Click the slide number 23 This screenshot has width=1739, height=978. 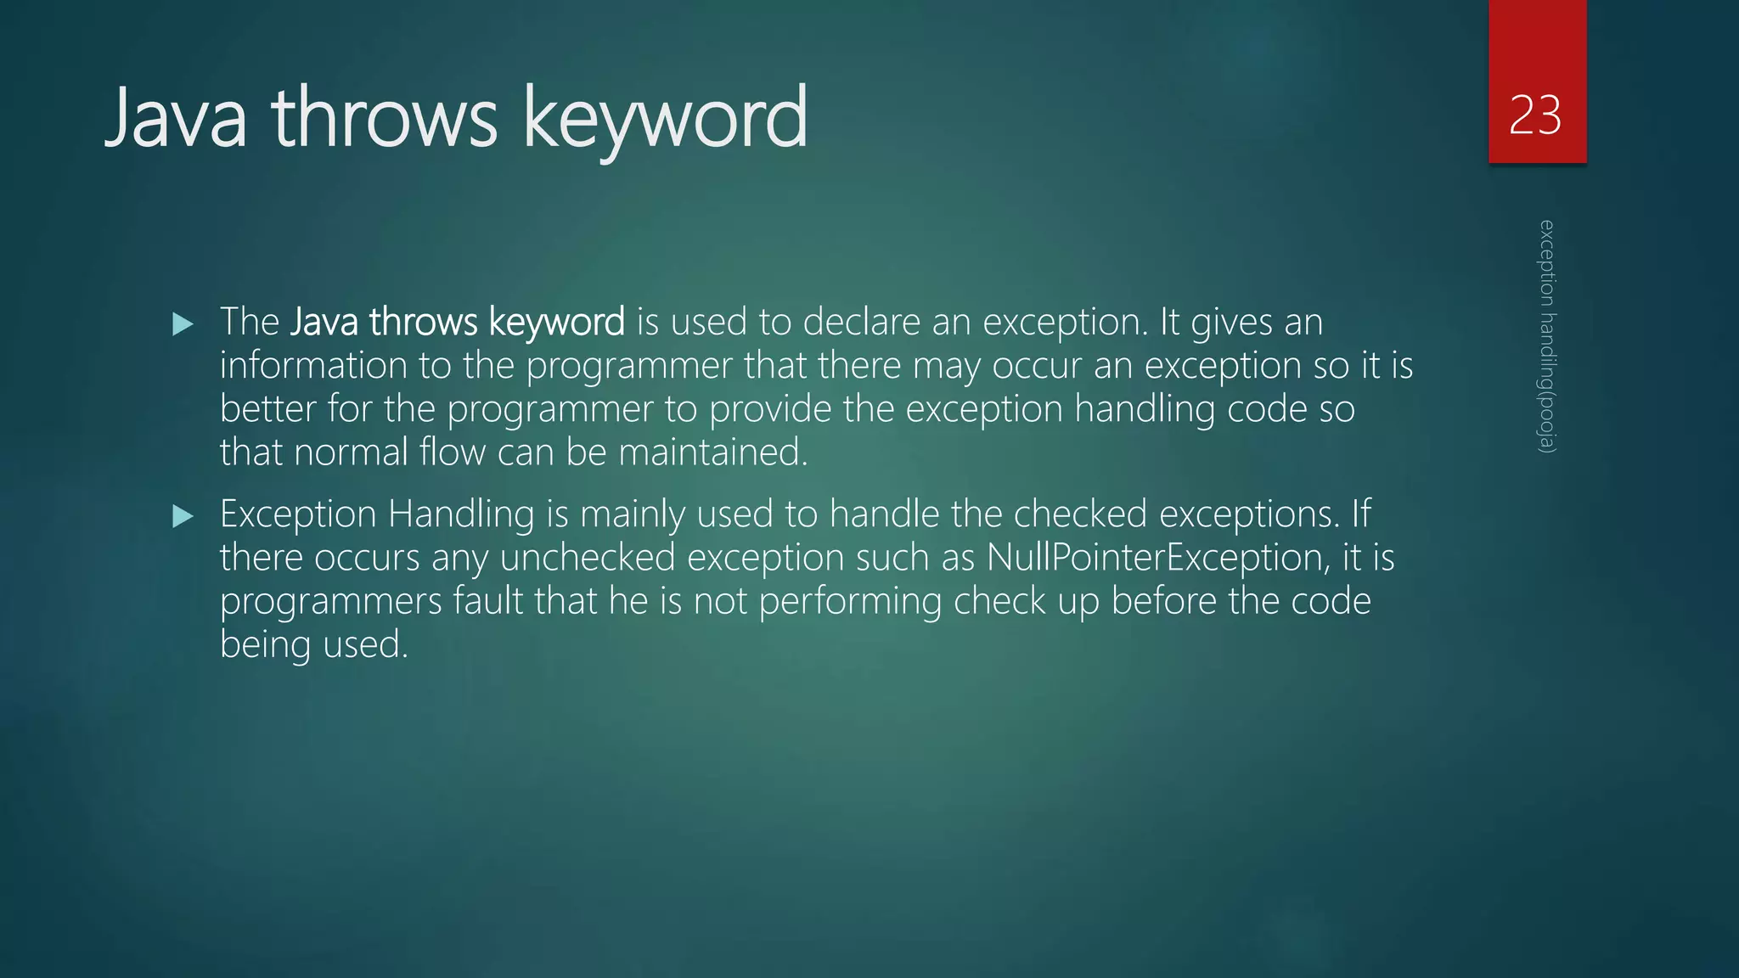pos(1535,115)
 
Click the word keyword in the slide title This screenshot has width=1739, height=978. pos(665,119)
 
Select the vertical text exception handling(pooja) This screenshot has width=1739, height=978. pos(1547,336)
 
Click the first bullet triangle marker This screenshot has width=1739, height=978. pos(183,323)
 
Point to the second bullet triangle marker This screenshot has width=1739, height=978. pos(183,515)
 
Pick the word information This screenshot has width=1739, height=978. pos(313,366)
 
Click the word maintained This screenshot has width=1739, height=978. pos(713,452)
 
